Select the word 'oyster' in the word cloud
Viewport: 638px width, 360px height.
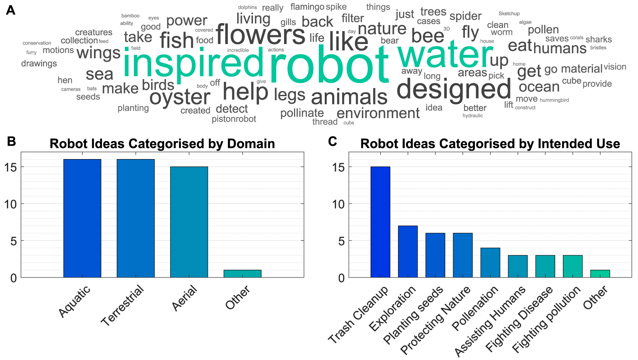(x=180, y=97)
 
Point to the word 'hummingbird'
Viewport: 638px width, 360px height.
(x=554, y=100)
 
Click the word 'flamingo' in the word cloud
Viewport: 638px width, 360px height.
(x=307, y=7)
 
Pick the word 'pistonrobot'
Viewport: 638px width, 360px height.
(x=234, y=119)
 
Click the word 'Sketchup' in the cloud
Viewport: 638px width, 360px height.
(x=509, y=14)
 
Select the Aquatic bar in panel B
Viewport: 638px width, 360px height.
(x=82, y=218)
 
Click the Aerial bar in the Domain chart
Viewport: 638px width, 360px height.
(x=189, y=222)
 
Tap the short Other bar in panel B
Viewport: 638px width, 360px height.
(x=242, y=274)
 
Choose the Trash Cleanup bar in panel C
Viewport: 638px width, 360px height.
(x=380, y=222)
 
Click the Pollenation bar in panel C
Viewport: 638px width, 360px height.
(x=490, y=263)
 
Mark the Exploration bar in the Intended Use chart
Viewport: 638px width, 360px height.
(x=408, y=252)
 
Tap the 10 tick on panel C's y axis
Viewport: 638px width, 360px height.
(x=338, y=204)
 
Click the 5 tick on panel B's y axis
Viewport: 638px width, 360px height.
(x=13, y=241)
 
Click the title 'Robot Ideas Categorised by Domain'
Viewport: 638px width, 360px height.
(x=162, y=144)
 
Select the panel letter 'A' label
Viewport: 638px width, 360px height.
(x=11, y=10)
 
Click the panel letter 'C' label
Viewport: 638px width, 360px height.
(x=332, y=141)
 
